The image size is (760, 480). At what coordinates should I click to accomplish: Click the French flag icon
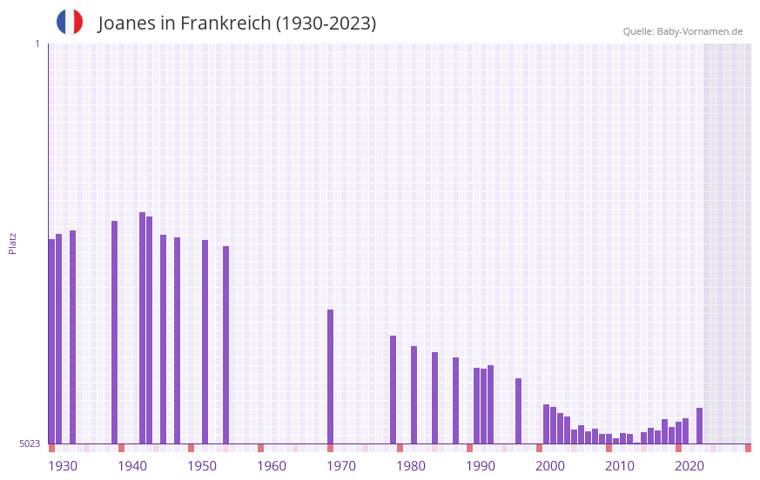click(x=70, y=22)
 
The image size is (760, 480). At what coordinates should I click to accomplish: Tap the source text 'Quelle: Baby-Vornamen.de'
click(x=683, y=31)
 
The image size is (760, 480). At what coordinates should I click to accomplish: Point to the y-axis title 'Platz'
click(x=12, y=243)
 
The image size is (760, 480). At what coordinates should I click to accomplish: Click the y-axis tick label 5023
click(x=30, y=443)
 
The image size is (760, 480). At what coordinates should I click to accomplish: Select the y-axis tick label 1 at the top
click(x=37, y=43)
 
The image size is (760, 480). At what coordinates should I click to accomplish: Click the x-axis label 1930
click(x=63, y=466)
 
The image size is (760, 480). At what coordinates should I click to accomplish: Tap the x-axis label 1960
click(x=272, y=466)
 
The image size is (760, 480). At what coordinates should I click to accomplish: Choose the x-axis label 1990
click(x=481, y=466)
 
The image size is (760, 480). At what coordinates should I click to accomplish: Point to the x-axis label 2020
click(x=689, y=466)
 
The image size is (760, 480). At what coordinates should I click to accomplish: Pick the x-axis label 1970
click(x=341, y=466)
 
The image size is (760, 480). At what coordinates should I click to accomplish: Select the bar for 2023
click(x=700, y=425)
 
